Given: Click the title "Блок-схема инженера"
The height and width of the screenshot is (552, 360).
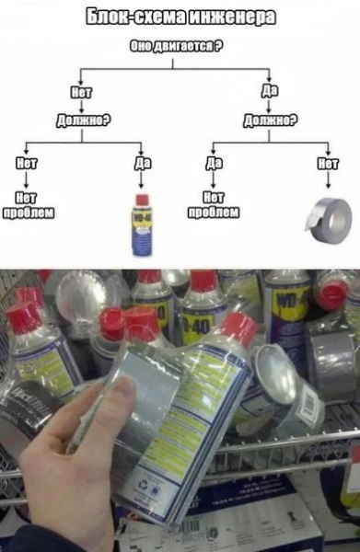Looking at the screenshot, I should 180,17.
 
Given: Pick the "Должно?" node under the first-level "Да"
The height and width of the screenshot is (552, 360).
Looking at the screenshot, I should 269,118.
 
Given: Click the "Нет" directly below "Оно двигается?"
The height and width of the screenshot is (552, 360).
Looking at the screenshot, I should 81,91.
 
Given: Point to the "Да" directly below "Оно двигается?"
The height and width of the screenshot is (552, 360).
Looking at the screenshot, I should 269,91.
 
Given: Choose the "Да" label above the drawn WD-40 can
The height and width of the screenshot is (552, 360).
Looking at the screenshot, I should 142,163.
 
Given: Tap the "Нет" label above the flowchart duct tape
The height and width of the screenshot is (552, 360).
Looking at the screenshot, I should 327,163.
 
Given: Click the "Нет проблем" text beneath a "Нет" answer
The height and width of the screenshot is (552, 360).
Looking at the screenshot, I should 30,205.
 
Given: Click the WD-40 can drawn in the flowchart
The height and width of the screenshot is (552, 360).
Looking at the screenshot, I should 141,225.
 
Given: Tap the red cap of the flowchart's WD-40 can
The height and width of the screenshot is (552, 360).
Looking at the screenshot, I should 141,199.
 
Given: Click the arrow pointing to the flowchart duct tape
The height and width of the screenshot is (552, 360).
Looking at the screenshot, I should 327,183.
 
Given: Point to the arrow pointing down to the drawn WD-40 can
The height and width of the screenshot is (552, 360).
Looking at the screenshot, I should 142,180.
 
